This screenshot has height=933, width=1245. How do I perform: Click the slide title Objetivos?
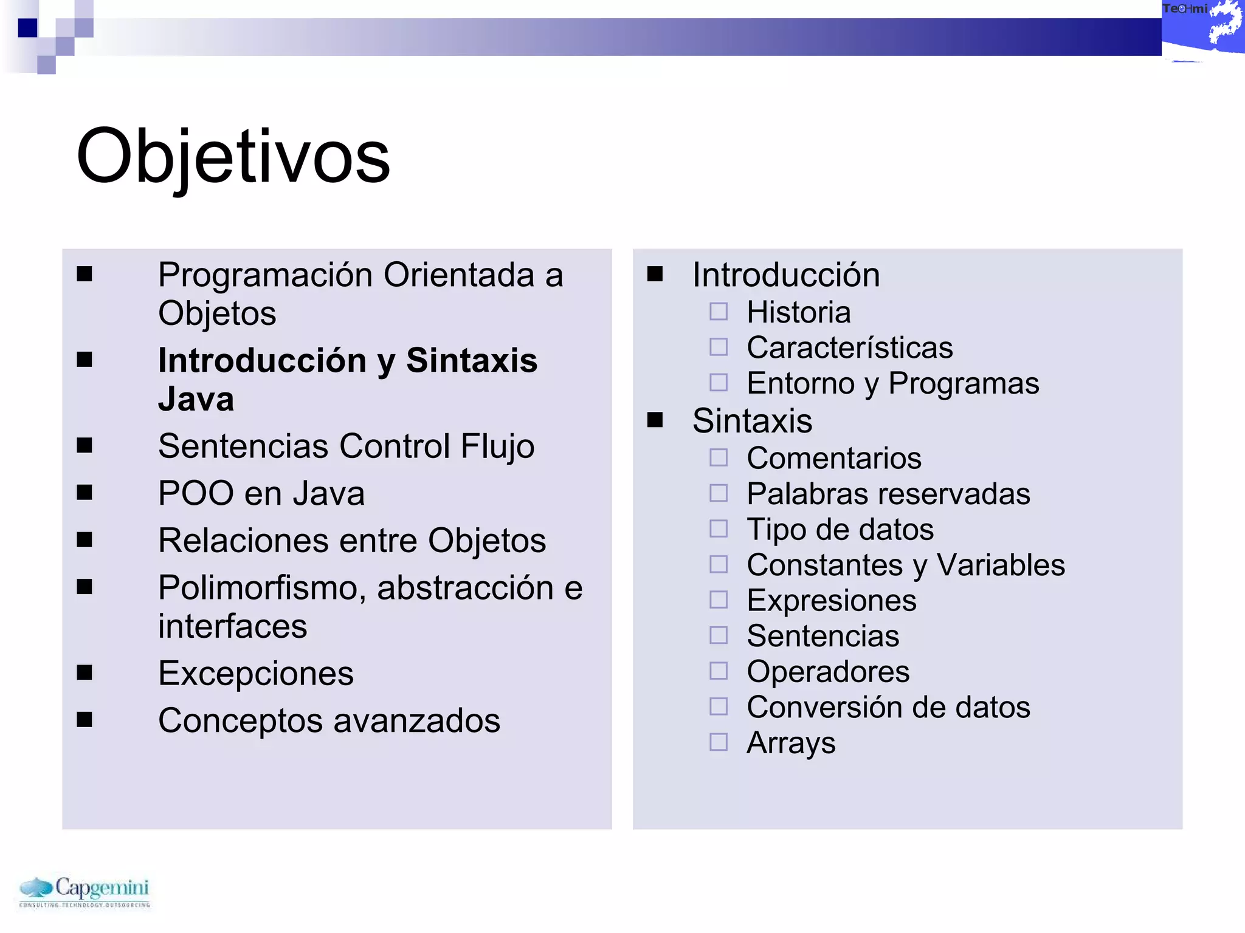(x=233, y=157)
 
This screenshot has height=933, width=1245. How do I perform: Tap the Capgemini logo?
(x=84, y=891)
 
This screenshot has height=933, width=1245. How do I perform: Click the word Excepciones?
(x=256, y=674)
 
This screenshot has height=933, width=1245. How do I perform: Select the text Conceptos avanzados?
(x=329, y=721)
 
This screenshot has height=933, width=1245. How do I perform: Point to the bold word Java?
(x=196, y=399)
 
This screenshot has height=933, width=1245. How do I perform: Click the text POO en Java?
(x=261, y=493)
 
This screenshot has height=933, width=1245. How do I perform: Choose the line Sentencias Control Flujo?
(x=346, y=446)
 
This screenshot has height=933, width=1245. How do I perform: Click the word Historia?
(x=798, y=313)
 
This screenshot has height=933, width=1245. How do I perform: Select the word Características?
(x=849, y=348)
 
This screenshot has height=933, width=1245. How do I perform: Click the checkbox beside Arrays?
(x=719, y=742)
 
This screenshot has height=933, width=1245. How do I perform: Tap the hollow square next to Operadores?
(x=719, y=671)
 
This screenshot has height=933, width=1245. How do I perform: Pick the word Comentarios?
(x=833, y=459)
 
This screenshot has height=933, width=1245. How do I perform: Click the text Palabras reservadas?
(x=888, y=494)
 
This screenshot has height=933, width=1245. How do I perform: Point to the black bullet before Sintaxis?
(x=655, y=420)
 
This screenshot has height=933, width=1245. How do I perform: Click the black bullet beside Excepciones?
(x=84, y=673)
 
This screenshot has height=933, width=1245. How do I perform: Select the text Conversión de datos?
(x=888, y=708)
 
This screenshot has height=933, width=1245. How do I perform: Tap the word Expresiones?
(x=831, y=601)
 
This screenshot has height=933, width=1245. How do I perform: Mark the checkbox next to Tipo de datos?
(x=719, y=529)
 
